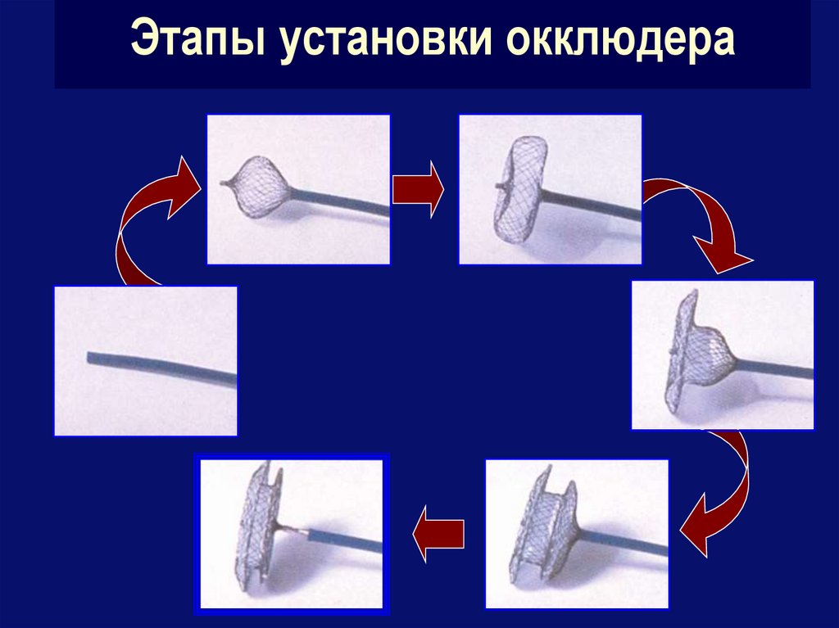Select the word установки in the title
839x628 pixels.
[385, 39]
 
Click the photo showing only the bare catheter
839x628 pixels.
[146, 361]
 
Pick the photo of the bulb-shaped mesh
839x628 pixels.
[298, 189]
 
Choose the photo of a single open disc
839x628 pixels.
[551, 189]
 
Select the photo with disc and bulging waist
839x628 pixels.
[723, 355]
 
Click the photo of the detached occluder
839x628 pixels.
[292, 534]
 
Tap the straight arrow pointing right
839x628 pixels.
[418, 189]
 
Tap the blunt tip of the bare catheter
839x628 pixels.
[88, 357]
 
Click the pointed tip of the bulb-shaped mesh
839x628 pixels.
[222, 183]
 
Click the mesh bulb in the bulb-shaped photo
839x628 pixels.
[261, 186]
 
